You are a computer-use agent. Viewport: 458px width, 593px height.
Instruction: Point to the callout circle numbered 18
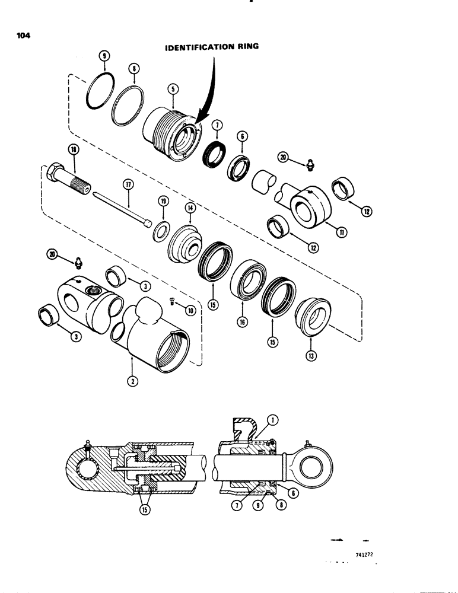[73, 152]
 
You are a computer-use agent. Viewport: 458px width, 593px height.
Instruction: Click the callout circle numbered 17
[126, 184]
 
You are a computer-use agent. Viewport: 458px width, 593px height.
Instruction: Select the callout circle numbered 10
[190, 311]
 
